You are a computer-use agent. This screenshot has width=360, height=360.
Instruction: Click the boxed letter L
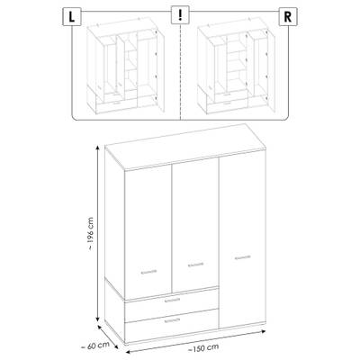tap(72, 17)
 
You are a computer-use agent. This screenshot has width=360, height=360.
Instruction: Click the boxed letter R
tap(288, 17)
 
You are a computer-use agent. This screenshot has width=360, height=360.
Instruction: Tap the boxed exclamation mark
tap(180, 15)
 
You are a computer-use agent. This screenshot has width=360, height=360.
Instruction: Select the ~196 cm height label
tap(91, 234)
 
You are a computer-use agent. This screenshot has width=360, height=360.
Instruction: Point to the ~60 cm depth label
tap(95, 345)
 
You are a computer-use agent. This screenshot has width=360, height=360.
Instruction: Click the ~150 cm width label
tap(203, 348)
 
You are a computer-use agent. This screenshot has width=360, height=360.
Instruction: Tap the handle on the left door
tap(148, 272)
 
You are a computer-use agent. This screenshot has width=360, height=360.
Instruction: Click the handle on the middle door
tap(195, 265)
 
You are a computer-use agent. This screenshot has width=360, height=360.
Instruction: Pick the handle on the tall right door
tap(242, 257)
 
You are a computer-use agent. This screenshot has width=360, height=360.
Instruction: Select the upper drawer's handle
tap(172, 300)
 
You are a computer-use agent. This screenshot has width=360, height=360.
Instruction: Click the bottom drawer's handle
tap(172, 320)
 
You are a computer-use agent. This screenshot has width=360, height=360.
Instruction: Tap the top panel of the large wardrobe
tap(185, 147)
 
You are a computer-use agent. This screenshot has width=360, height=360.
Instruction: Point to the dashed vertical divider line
tap(180, 72)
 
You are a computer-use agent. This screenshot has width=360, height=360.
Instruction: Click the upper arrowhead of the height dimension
tap(97, 147)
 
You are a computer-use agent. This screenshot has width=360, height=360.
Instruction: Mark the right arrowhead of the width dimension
tap(264, 331)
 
